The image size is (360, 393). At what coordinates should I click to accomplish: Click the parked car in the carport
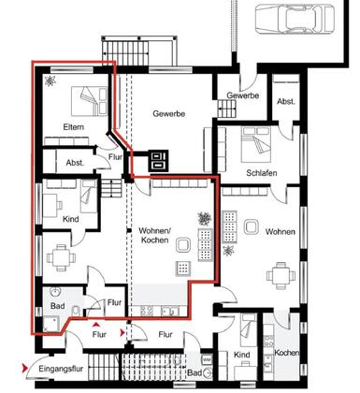[x=295, y=18]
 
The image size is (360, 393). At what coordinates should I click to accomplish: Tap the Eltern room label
[x=73, y=127]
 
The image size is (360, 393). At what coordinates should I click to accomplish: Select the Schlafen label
[x=262, y=173]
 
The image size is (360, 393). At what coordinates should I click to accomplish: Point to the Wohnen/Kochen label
[x=155, y=236]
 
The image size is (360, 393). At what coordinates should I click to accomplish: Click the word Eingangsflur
[x=61, y=369]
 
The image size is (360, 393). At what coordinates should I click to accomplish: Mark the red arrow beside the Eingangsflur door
[x=24, y=369]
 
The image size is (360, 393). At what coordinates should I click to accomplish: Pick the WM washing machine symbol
[x=207, y=359]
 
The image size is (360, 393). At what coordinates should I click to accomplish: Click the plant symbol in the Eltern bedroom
[x=50, y=80]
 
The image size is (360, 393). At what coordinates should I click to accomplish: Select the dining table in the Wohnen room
[x=281, y=275]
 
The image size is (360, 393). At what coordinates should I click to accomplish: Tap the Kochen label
[x=287, y=353]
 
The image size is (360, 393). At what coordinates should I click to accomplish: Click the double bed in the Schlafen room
[x=255, y=144]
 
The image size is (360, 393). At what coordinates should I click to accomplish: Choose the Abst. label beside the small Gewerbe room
[x=286, y=101]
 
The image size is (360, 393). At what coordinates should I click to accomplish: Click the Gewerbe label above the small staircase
[x=242, y=95]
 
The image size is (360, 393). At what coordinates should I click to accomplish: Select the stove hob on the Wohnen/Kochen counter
[x=147, y=311]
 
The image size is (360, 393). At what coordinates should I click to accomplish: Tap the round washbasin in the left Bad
[x=55, y=292]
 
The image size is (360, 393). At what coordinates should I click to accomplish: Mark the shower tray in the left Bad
[x=51, y=324]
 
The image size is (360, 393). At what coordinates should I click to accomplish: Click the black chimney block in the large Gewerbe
[x=158, y=160]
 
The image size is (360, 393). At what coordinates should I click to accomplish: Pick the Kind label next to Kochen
[x=241, y=355]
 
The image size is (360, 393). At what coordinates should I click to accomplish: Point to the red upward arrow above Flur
[x=97, y=325]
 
